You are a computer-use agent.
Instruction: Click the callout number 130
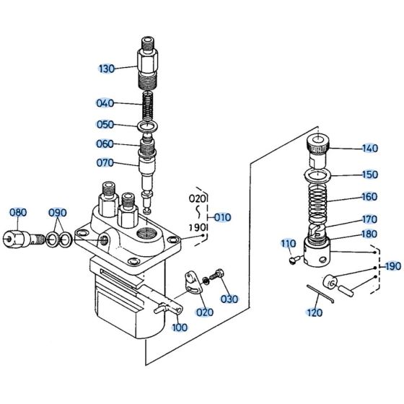106,69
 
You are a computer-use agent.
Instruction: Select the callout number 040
106,103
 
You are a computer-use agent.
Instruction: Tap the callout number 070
106,162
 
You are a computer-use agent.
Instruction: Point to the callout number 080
17,212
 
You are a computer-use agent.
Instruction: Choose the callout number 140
369,149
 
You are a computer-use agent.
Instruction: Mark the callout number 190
392,266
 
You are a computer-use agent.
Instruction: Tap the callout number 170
369,219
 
